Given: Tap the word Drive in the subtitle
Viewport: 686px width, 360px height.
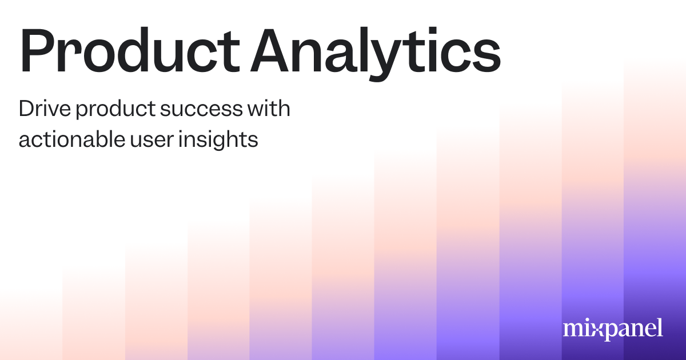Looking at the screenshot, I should click(42, 109).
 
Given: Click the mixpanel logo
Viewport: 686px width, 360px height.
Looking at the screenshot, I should click(613, 329).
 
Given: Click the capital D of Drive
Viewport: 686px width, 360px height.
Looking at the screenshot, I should click(26, 109).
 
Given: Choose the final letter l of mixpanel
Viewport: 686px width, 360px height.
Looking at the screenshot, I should click(660, 327).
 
